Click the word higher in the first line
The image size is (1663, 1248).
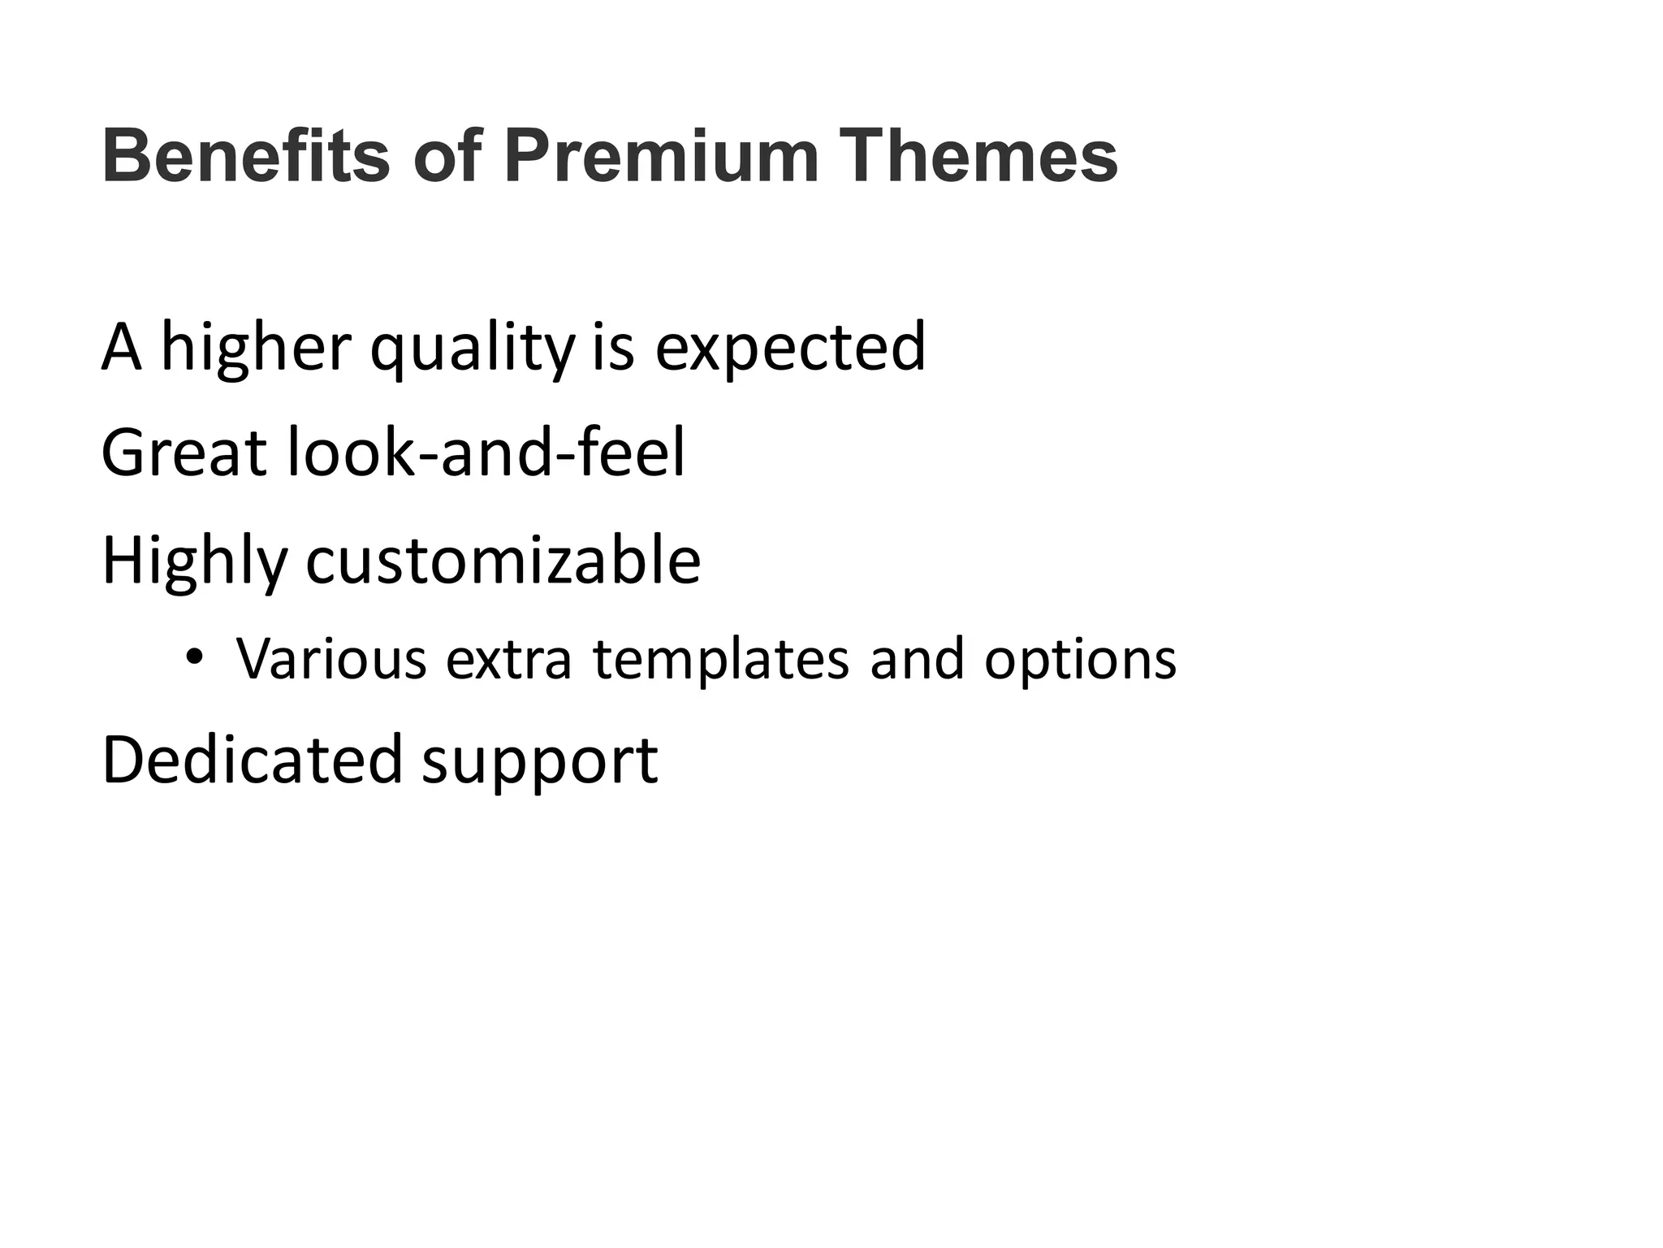coord(256,348)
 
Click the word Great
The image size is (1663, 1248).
coord(184,453)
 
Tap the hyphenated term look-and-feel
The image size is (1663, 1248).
coord(486,453)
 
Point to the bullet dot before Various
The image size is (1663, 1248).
coord(193,656)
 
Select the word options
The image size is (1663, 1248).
coord(1080,660)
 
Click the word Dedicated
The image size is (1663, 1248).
coord(252,759)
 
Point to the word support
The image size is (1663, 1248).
coord(540,762)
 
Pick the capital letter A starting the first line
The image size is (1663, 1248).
coord(121,348)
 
